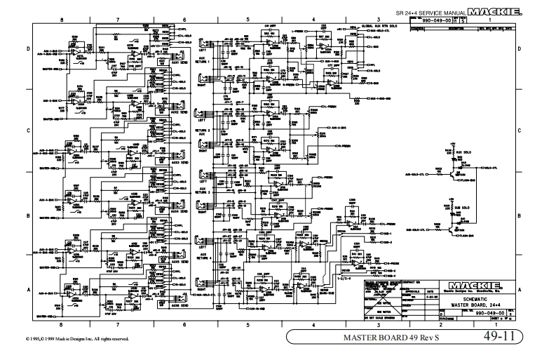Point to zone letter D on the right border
point(519,50)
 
